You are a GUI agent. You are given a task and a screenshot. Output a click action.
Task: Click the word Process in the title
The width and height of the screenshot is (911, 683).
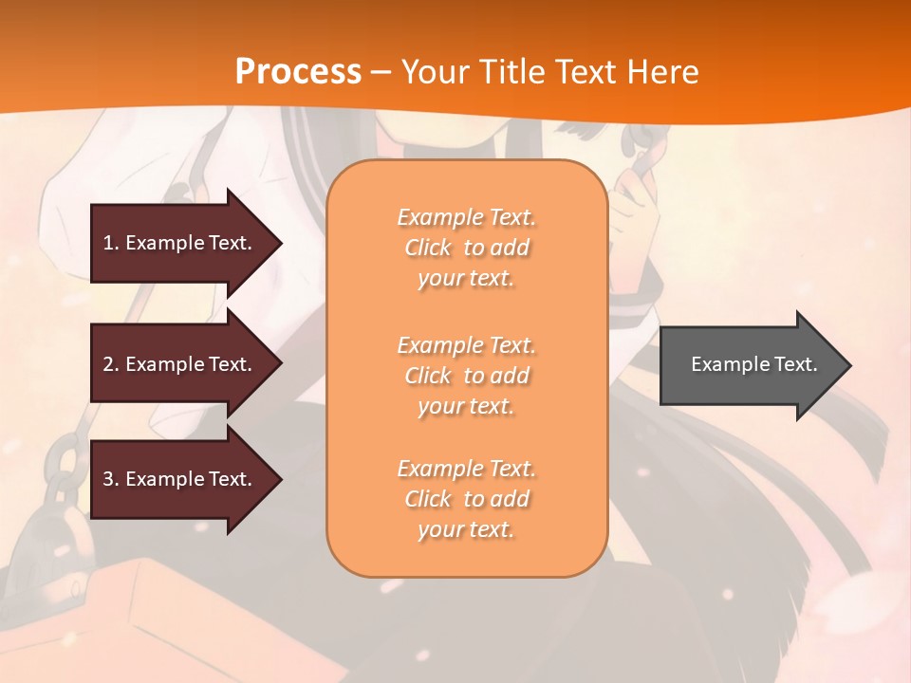click(298, 72)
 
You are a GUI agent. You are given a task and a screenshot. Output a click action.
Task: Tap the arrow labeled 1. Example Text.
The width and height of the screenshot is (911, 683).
click(180, 243)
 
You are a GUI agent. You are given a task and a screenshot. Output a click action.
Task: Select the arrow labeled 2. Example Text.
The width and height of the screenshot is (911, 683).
click(180, 364)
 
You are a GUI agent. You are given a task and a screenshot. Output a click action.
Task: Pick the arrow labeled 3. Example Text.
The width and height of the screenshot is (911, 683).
click(180, 479)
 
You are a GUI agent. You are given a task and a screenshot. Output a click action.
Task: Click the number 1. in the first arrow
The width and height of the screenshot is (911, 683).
click(110, 243)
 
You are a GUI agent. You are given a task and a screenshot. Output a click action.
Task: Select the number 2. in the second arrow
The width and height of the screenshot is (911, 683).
click(110, 364)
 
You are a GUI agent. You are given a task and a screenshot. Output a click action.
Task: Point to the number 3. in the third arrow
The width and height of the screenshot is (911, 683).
click(110, 479)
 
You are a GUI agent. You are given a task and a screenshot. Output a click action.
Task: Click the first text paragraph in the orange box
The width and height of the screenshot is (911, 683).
click(466, 248)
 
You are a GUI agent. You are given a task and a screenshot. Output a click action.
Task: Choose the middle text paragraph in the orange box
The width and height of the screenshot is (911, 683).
click(466, 376)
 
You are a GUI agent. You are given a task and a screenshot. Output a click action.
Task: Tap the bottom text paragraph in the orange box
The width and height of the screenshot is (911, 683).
click(466, 499)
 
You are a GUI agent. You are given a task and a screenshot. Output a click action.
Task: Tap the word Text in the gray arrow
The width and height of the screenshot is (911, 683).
click(796, 364)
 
